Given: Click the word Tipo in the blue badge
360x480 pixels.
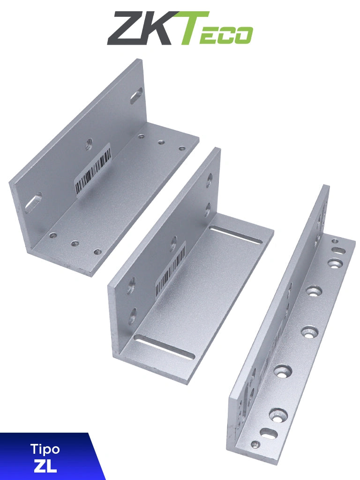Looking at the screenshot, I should click(x=45, y=449).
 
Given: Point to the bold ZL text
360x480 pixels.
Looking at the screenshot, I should click(x=45, y=466).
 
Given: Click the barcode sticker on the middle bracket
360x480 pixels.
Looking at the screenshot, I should click(x=170, y=271).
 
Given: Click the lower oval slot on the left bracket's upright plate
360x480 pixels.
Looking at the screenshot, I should click(x=33, y=202).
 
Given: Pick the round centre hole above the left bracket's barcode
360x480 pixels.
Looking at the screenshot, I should click(x=89, y=144).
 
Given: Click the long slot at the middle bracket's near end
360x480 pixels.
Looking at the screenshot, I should click(x=164, y=347).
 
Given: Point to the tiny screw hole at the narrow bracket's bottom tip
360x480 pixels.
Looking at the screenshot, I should click(x=255, y=444).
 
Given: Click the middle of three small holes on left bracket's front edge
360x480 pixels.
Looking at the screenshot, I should click(x=75, y=243).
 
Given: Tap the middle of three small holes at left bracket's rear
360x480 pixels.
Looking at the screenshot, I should click(x=161, y=142).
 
